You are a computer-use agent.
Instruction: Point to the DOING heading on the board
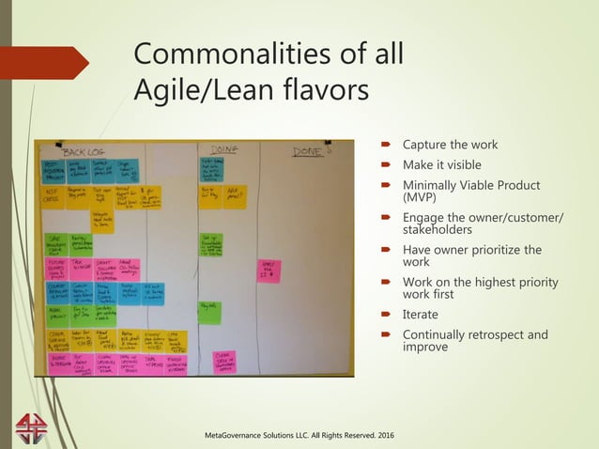coord(223,148)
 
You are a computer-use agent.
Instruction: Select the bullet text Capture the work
coord(451,145)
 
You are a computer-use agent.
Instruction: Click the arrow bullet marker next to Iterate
coord(389,315)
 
